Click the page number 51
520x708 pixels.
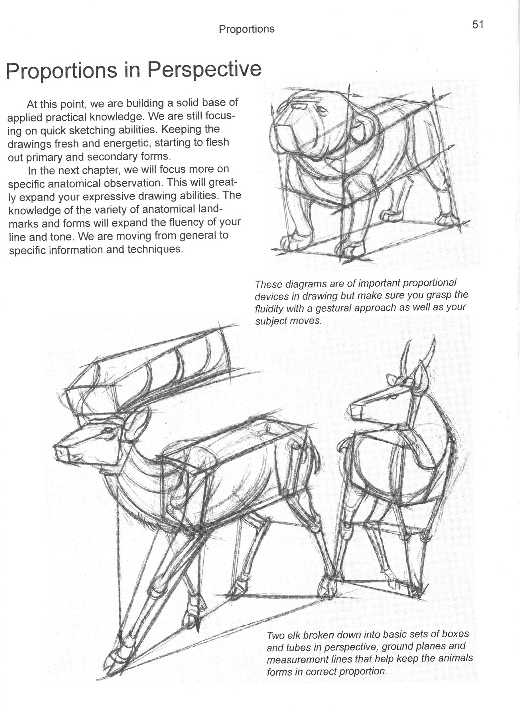coord(478,25)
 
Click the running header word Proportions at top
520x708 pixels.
coord(246,29)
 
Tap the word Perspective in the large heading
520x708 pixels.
coord(204,70)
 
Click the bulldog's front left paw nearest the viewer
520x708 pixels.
coord(292,242)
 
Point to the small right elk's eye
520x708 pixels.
coord(393,398)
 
